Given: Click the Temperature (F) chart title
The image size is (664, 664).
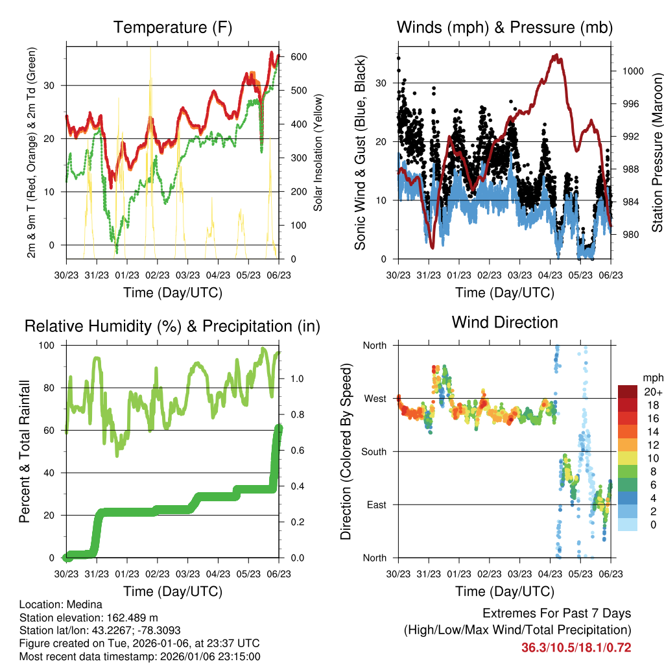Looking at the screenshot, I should pyautogui.click(x=172, y=28).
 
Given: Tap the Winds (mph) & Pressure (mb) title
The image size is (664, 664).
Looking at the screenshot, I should pyautogui.click(x=504, y=28).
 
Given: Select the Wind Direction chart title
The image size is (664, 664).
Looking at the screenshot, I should pyautogui.click(x=504, y=322).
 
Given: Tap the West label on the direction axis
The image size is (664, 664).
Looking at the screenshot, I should pyautogui.click(x=375, y=398).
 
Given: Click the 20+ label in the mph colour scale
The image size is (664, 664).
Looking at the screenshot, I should pyautogui.click(x=652, y=392).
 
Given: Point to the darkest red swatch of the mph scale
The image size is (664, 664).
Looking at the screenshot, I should pyautogui.click(x=627, y=392).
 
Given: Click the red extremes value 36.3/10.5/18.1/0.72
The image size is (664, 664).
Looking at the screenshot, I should pyautogui.click(x=576, y=648).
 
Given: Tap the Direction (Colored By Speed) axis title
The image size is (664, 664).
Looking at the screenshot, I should pyautogui.click(x=346, y=451).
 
